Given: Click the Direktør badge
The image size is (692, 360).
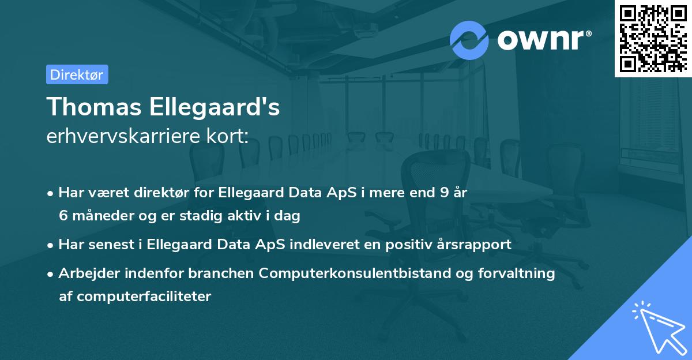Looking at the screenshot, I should click(77, 74).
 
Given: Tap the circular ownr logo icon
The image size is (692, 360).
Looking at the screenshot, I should click(469, 40).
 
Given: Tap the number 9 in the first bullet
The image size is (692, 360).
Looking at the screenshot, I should click(443, 193).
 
